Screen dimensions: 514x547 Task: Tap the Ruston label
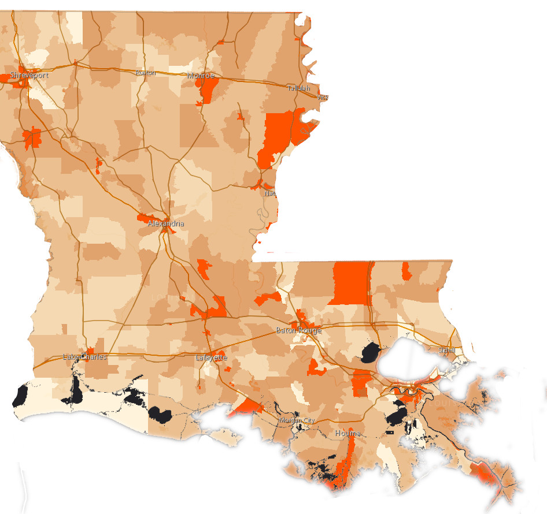coord(146,73)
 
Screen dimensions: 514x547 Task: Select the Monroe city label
coord(201,76)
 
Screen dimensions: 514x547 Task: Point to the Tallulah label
coord(299,88)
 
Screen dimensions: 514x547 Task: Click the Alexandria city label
coord(166,223)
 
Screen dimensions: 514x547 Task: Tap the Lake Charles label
coord(84,357)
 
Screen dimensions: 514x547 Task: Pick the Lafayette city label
coord(211,357)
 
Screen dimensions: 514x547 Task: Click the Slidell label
coord(446,350)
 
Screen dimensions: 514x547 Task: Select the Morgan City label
coord(297,420)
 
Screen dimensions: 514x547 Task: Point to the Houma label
coord(348,433)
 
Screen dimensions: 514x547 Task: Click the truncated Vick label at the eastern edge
coord(323,97)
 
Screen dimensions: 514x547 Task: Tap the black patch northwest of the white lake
coord(371,351)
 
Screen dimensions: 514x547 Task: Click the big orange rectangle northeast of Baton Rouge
coord(350,282)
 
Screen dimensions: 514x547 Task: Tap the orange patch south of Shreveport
coord(32,137)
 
